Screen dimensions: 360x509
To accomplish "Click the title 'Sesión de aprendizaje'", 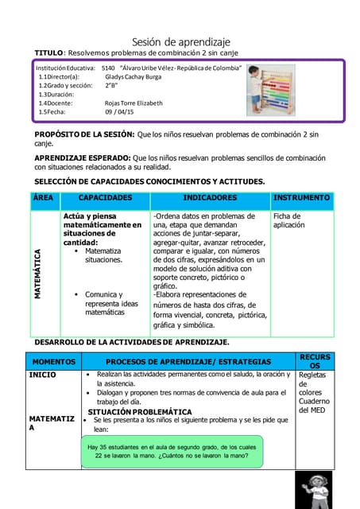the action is (x=180, y=41).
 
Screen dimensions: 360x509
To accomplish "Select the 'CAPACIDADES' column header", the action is (x=105, y=197).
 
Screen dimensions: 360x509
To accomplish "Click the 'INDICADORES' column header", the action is (x=210, y=197).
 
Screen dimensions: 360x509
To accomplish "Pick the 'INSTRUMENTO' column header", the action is (x=301, y=197).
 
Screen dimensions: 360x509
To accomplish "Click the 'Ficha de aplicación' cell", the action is (x=288, y=220).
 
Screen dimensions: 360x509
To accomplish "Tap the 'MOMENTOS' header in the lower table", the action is (x=52, y=361).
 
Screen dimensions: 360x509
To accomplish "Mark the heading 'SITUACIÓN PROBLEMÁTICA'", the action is (x=139, y=413).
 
